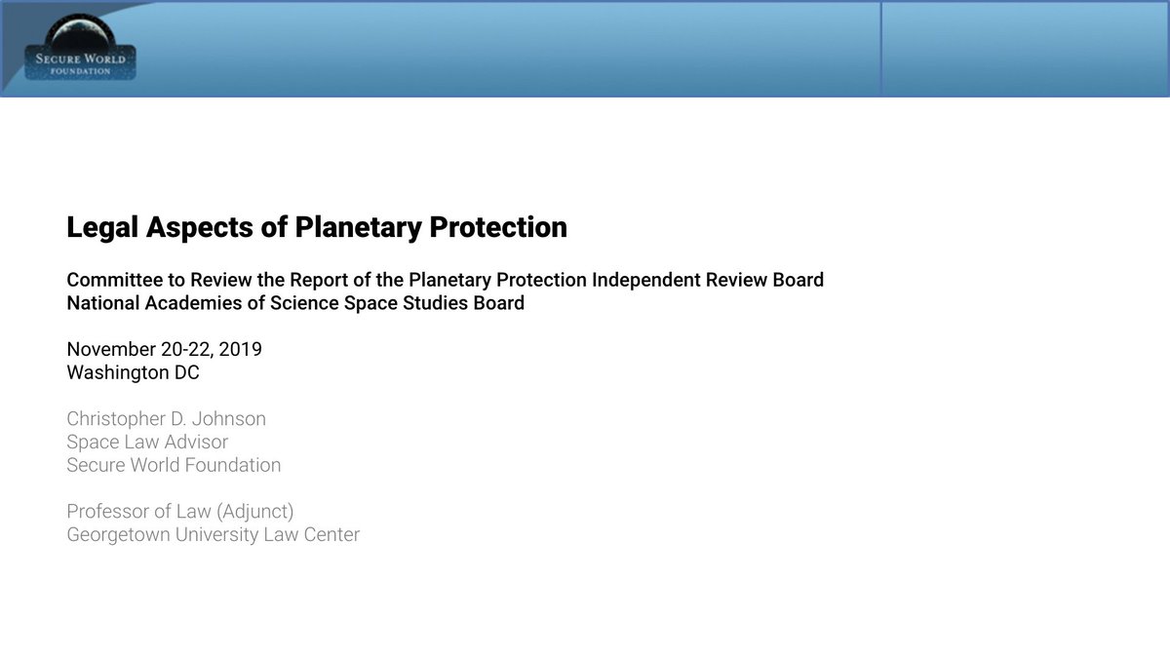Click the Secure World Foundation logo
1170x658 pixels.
(80, 47)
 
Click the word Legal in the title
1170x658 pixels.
(102, 228)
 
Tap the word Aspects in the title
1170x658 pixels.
(200, 228)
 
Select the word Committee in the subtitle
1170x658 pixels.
(115, 280)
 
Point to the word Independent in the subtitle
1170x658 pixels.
(645, 280)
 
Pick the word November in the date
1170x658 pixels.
(111, 349)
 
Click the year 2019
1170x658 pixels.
(240, 349)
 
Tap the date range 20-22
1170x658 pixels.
(187, 349)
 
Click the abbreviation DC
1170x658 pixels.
(187, 372)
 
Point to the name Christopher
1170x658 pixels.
(116, 419)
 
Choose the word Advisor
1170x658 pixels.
(196, 443)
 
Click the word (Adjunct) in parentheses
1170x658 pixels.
(254, 512)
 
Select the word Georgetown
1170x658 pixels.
(119, 535)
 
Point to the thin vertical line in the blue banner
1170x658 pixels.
(881, 49)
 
